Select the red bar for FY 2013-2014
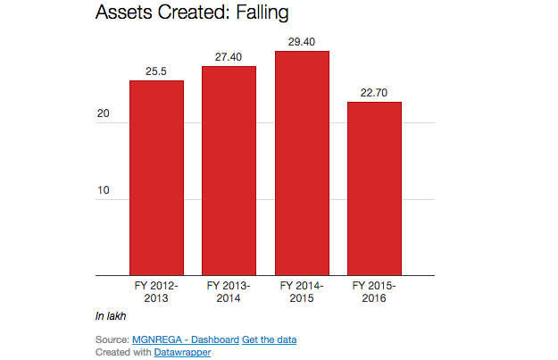(x=229, y=170)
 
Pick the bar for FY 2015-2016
(x=374, y=188)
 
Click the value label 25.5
(x=156, y=71)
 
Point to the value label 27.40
(x=229, y=57)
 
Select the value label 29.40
(x=302, y=42)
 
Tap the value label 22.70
(x=374, y=93)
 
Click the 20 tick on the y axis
(x=104, y=115)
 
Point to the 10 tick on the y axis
(x=104, y=191)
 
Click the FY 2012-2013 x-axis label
(x=156, y=291)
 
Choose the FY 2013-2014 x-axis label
(x=229, y=291)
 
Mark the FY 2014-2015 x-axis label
(x=302, y=291)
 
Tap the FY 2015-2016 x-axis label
(x=374, y=291)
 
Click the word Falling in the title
(x=265, y=13)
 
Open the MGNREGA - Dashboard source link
(x=185, y=339)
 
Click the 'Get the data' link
(x=269, y=339)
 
